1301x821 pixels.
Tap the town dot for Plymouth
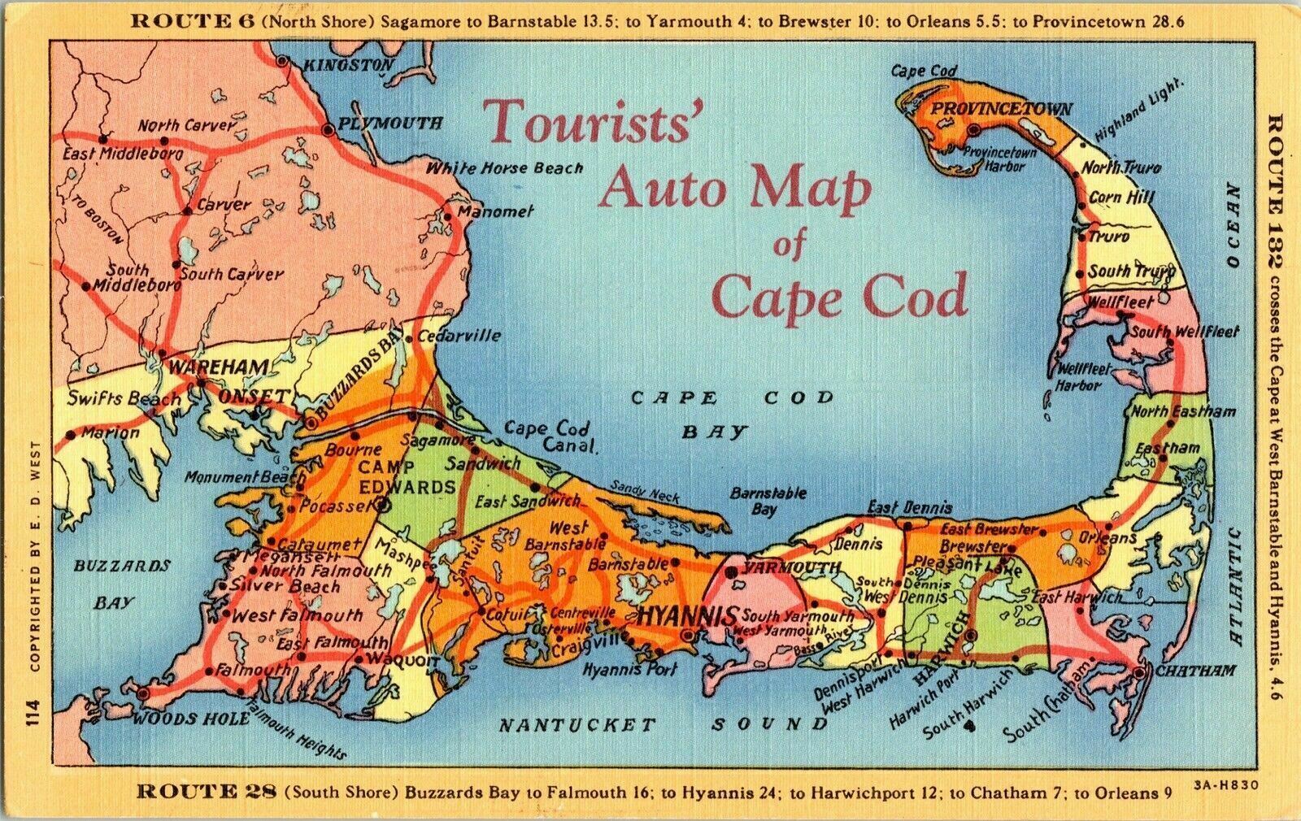click(x=328, y=129)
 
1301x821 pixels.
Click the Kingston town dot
click(x=282, y=60)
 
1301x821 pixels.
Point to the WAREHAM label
click(x=218, y=367)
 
